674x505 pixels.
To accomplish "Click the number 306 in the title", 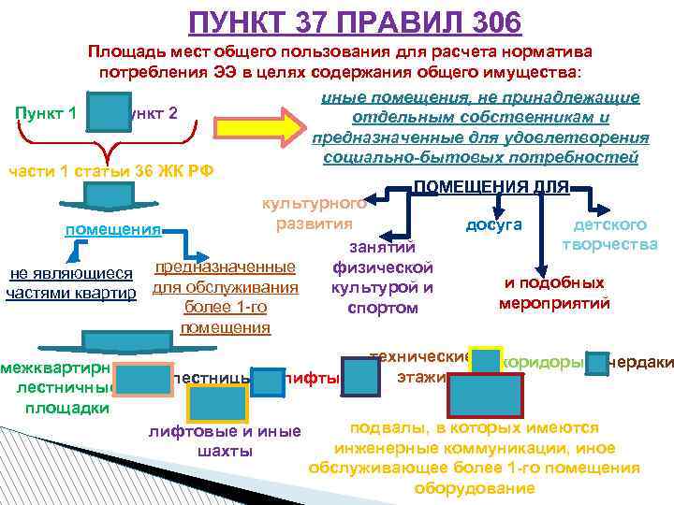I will (488, 21).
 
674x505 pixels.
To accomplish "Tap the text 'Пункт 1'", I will (47, 113).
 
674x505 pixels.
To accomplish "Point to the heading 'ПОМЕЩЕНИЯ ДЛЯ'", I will (491, 187).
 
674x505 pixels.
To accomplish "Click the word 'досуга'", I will (493, 225).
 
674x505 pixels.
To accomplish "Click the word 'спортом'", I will (381, 307).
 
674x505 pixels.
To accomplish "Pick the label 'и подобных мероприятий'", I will (554, 293).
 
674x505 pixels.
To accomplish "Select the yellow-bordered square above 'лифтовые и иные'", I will (217, 404).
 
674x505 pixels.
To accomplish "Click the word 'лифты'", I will (314, 379).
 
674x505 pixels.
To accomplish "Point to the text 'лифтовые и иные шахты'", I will (225, 441).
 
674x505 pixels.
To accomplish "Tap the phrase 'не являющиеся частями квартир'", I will (70, 283).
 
